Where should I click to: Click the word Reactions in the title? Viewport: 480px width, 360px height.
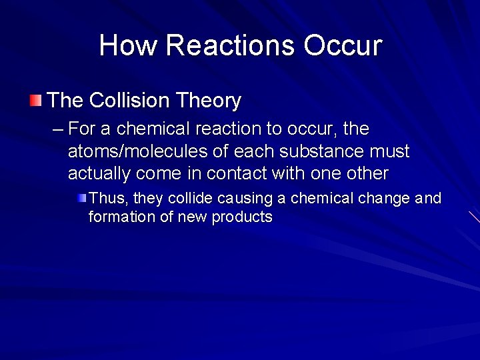[230, 45]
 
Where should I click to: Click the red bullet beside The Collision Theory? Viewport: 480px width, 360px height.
[35, 101]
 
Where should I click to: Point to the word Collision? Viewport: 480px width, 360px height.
[129, 101]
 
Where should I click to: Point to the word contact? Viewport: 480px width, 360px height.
[237, 174]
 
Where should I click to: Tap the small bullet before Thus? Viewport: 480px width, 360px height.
[81, 198]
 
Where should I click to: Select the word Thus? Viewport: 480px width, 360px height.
[107, 199]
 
